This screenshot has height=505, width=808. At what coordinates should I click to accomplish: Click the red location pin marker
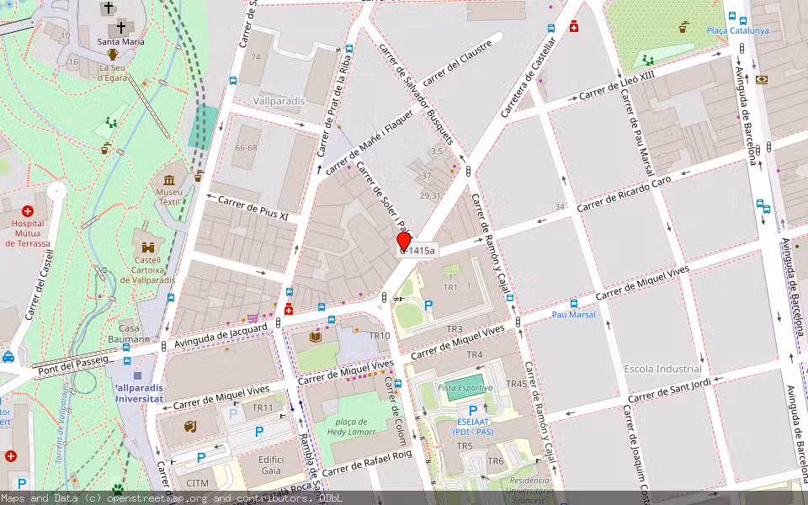tap(404, 242)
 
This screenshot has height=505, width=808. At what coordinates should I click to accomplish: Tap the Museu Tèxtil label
tap(170, 197)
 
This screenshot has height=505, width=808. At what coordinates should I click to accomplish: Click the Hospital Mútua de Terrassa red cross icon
tap(28, 211)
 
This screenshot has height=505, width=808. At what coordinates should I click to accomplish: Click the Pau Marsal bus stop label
tap(573, 315)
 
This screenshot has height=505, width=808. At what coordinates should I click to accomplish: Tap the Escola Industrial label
tap(662, 369)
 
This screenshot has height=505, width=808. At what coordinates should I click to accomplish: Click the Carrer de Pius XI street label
tap(252, 209)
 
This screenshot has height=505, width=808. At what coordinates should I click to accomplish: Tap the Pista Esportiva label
tap(465, 388)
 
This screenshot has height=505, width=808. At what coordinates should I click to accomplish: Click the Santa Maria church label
tap(120, 41)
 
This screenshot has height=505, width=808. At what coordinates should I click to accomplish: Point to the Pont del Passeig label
tap(73, 362)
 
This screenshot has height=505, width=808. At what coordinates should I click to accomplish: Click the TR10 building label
tap(379, 336)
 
